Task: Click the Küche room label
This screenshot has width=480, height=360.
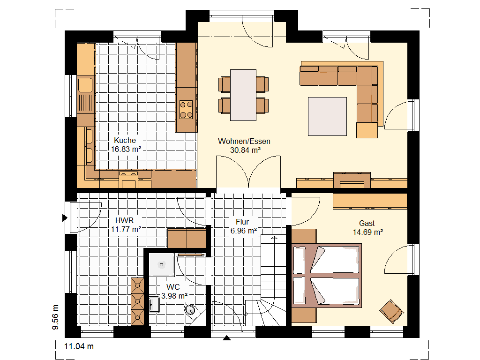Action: [x=125, y=140]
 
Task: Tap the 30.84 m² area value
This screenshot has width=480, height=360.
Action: [x=245, y=150]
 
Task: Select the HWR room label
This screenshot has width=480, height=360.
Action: [x=124, y=220]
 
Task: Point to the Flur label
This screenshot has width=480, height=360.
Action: [x=242, y=222]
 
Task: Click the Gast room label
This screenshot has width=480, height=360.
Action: [x=367, y=223]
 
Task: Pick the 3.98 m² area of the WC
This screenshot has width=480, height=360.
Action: [x=174, y=296]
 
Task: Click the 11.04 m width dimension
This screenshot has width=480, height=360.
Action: [x=79, y=346]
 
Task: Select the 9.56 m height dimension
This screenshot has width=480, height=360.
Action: [x=55, y=317]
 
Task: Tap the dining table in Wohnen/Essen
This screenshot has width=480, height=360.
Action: [x=243, y=95]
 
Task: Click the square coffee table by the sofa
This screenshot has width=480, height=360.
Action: [x=327, y=116]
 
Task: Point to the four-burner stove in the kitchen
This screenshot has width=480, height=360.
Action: [x=186, y=110]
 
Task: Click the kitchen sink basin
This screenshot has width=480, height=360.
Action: [x=85, y=85]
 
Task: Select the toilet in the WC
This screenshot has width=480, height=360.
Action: [x=190, y=310]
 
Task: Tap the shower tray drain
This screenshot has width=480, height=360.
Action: [x=162, y=265]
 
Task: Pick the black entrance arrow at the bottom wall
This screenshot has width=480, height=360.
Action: [x=226, y=338]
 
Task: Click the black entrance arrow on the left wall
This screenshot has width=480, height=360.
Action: [x=65, y=218]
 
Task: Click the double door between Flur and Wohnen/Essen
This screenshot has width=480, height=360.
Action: [x=248, y=172]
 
